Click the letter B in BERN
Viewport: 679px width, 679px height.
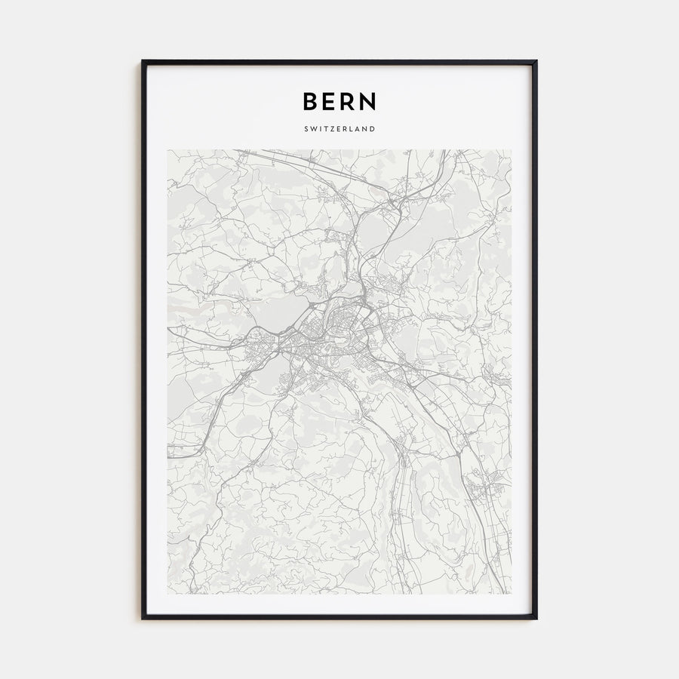310,101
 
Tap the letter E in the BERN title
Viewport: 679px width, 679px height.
330,101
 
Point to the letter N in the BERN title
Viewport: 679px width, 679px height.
368,101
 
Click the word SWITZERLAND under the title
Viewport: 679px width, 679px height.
339,129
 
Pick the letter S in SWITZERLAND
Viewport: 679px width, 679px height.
306,129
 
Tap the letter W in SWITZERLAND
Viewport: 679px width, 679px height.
313,129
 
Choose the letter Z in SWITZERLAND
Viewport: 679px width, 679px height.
331,129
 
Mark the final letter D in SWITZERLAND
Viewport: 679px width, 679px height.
373,129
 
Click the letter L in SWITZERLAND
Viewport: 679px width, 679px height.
352,129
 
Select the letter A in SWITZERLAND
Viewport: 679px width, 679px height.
358,129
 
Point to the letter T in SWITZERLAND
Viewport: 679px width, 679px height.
325,129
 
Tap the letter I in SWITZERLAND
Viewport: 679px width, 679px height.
320,129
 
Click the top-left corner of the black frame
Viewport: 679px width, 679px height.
142,61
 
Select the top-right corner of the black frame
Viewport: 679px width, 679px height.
536,61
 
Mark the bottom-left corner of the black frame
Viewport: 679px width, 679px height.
142,619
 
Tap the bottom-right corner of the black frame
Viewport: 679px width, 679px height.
536,619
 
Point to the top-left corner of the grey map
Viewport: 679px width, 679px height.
167,149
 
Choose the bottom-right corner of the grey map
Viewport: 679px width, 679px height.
511,594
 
